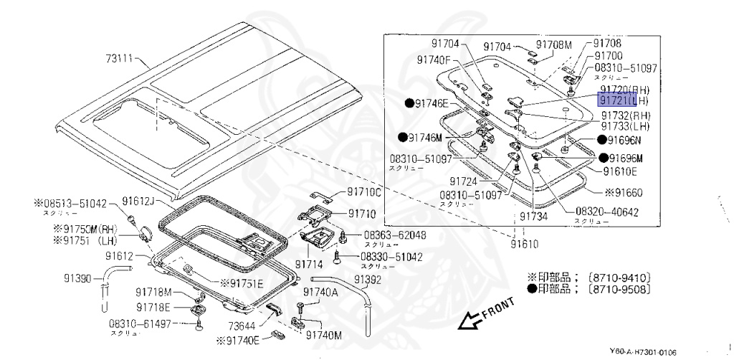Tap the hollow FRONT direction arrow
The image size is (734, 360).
pyautogui.click(x=474, y=320)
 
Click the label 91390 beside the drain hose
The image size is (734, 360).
pyautogui.click(x=79, y=278)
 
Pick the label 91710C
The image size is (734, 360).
pyautogui.click(x=365, y=192)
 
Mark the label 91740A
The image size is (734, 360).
pyautogui.click(x=320, y=292)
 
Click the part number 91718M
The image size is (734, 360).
pyautogui.click(x=154, y=292)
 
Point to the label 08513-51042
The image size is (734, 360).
pyautogui.click(x=77, y=203)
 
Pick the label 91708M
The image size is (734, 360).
pyautogui.click(x=555, y=45)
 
